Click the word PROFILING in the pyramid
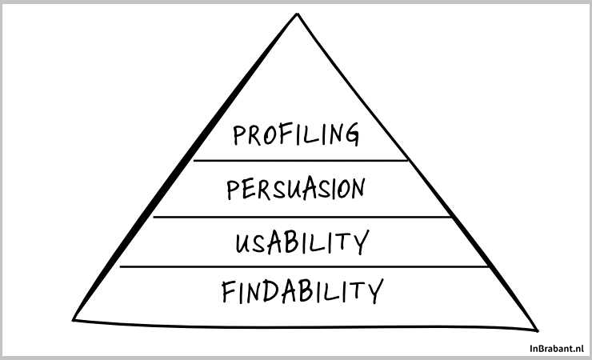296,134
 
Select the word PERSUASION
295,190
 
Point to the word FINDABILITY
302,292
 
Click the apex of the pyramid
297,14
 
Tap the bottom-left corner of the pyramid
74,318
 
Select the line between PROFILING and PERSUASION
300,161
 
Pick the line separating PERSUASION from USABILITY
302,216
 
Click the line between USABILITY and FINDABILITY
303,266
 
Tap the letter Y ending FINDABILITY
374,291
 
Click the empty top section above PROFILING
297,80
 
